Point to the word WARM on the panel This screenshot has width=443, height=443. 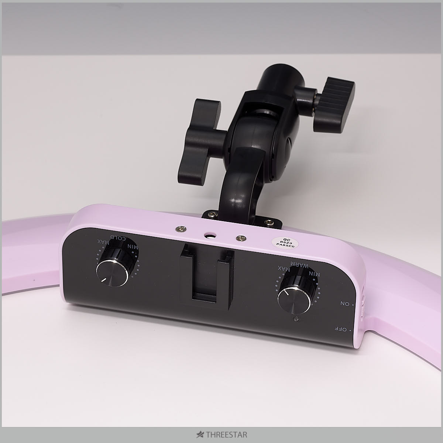click(299, 264)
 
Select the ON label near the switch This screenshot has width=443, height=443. click(345, 304)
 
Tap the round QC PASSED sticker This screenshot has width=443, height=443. click(285, 243)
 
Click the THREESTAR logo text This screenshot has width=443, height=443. click(226, 435)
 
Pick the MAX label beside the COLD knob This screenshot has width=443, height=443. click(103, 241)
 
